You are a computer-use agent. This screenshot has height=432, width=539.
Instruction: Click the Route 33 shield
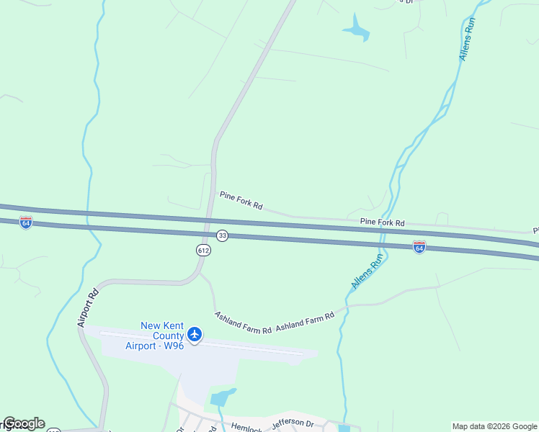[222, 236]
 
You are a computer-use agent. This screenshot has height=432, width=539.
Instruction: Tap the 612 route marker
[203, 250]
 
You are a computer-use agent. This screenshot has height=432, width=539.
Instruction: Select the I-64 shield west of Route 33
[26, 222]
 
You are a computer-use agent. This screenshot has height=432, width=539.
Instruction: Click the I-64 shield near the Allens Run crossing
[419, 247]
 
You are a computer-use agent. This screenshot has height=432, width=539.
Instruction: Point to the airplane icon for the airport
[194, 334]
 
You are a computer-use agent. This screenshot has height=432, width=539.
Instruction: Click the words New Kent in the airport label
[161, 325]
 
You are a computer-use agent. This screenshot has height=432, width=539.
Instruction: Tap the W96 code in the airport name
[173, 346]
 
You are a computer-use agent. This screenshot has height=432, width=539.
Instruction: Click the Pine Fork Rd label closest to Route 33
[241, 200]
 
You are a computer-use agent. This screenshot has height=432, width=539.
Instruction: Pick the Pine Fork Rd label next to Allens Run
[383, 222]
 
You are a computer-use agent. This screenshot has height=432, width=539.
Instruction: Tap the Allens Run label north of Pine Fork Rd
[468, 39]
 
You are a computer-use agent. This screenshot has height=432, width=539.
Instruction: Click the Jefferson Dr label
[293, 423]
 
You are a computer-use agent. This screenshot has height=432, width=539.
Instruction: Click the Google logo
[24, 423]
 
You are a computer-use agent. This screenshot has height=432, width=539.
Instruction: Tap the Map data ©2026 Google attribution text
[494, 426]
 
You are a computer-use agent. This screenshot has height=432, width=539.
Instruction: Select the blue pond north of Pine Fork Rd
[357, 30]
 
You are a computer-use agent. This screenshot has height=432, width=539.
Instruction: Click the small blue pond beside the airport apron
[223, 397]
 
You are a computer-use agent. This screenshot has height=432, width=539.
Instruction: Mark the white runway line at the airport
[202, 343]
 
